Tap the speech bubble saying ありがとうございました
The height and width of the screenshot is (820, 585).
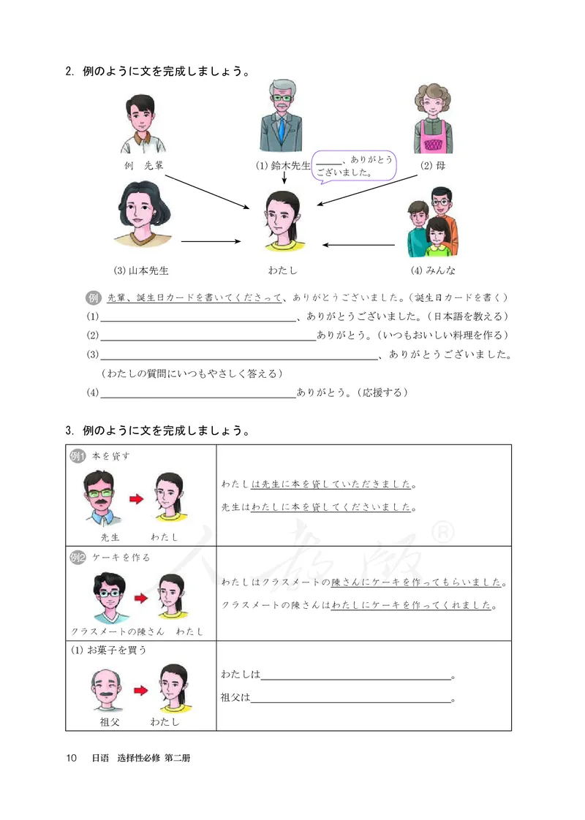coord(355,166)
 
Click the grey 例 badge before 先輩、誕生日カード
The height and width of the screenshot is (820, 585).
coord(93,298)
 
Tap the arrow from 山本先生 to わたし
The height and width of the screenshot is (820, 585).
coord(211,240)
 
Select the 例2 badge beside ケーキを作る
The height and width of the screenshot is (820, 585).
coord(78,557)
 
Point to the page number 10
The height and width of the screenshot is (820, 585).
coord(71,759)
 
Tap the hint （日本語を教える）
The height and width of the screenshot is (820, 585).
coord(467,317)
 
